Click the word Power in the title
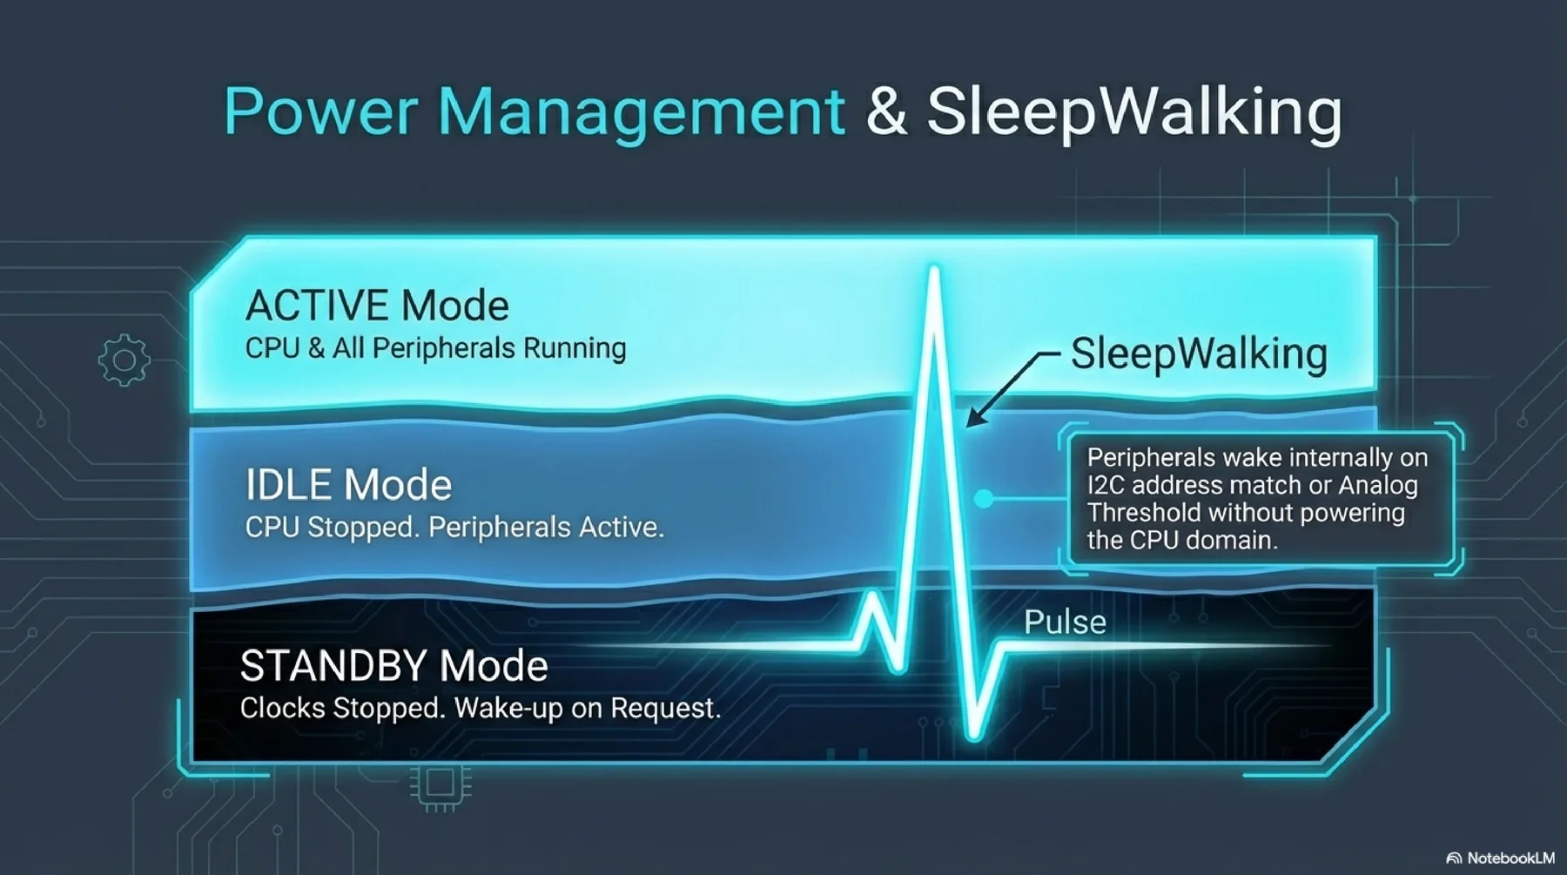(x=320, y=112)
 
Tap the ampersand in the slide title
(x=886, y=111)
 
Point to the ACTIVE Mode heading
(x=377, y=306)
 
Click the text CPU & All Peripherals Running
(x=435, y=348)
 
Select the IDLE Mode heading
(x=348, y=485)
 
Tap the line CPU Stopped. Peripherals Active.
(x=454, y=528)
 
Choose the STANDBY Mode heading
(x=393, y=666)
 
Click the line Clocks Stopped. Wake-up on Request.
(x=481, y=709)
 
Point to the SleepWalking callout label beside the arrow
(x=1199, y=354)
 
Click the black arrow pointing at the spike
(x=1010, y=388)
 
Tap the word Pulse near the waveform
(x=1065, y=623)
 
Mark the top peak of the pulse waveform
(x=934, y=271)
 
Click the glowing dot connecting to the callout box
(x=983, y=499)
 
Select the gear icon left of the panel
(x=124, y=360)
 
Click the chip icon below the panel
(x=441, y=786)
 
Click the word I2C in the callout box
(x=1106, y=485)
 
